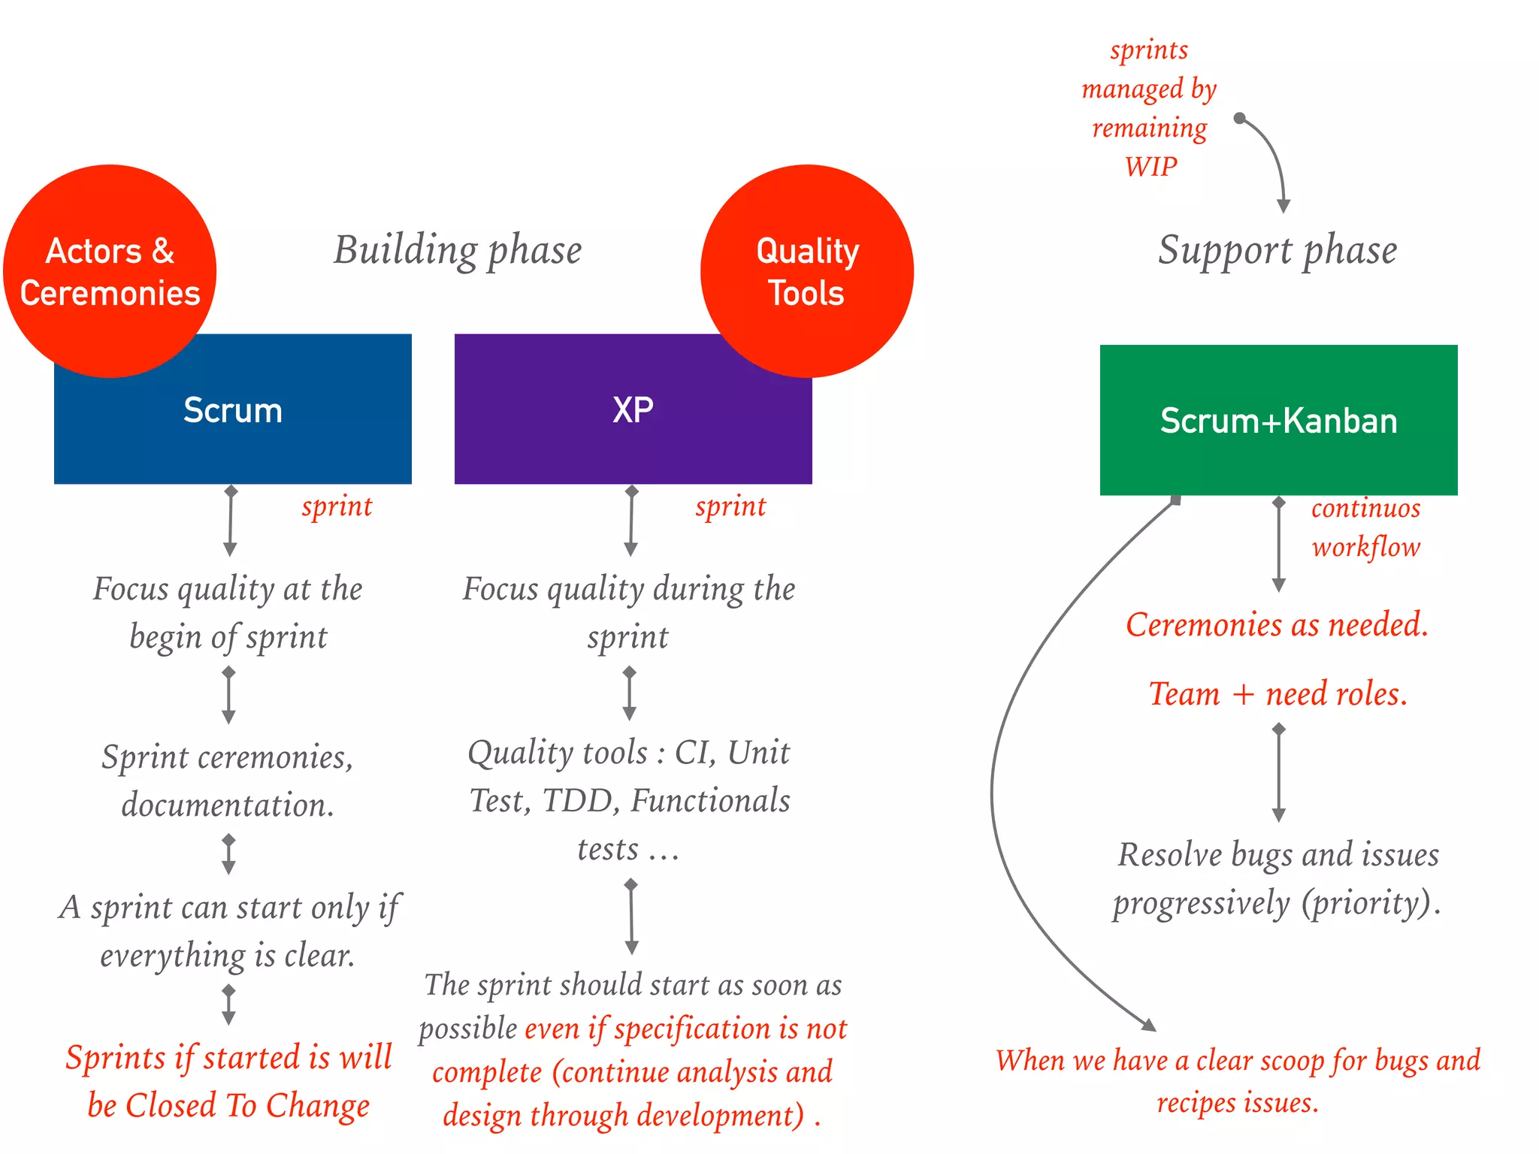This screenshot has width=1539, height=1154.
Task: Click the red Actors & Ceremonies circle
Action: [110, 271]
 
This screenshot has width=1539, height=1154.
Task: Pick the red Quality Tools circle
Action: [807, 271]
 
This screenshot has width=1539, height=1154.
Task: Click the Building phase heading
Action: [458, 250]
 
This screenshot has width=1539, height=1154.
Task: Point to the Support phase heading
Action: [1277, 250]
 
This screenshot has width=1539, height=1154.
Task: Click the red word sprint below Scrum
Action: [337, 507]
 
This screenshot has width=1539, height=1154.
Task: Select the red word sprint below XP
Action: [730, 507]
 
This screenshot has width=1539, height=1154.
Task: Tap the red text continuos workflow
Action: [1365, 527]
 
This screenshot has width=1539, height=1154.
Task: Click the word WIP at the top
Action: [1150, 167]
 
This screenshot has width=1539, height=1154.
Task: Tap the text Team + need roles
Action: [1277, 693]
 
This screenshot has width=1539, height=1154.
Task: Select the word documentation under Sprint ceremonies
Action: [227, 805]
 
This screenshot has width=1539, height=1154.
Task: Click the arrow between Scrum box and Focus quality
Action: [231, 521]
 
